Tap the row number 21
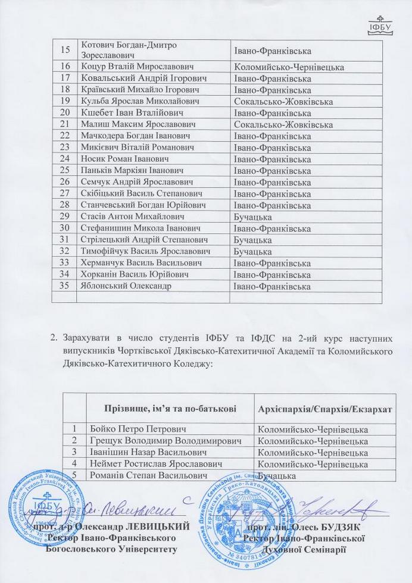click(x=65, y=124)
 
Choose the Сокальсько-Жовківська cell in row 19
click(x=283, y=102)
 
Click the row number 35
click(x=65, y=286)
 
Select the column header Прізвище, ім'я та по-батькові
click(x=170, y=408)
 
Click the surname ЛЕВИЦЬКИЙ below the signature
click(x=161, y=527)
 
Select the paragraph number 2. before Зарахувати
click(x=54, y=339)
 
